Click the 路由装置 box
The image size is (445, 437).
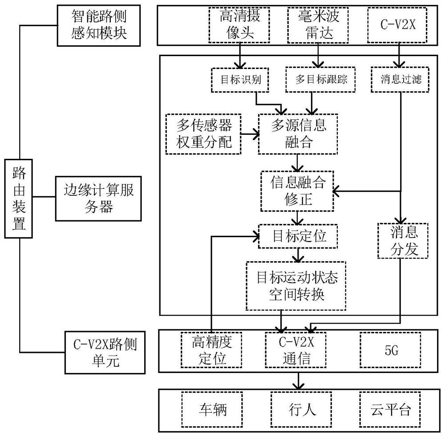[18, 198]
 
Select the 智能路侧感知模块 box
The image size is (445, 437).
[99, 25]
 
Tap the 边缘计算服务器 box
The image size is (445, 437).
[98, 198]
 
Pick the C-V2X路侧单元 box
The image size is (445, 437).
[105, 352]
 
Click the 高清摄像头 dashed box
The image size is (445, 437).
[239, 25]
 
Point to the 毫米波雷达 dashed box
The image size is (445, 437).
[318, 25]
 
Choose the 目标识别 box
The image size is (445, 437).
[240, 80]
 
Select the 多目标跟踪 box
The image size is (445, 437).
[320, 80]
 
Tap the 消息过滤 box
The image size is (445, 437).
[400, 80]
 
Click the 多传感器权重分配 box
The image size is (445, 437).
[203, 134]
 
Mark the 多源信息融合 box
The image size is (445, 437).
[298, 134]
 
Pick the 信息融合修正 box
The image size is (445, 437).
[297, 191]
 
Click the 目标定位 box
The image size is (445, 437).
[298, 236]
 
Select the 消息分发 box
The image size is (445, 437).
[403, 241]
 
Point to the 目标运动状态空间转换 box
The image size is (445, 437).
[296, 286]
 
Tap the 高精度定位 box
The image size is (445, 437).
[212, 350]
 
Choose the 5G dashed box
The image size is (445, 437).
[391, 350]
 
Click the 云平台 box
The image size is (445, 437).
[390, 409]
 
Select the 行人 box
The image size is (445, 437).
[301, 409]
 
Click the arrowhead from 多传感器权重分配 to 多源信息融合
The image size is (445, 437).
[257, 134]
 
